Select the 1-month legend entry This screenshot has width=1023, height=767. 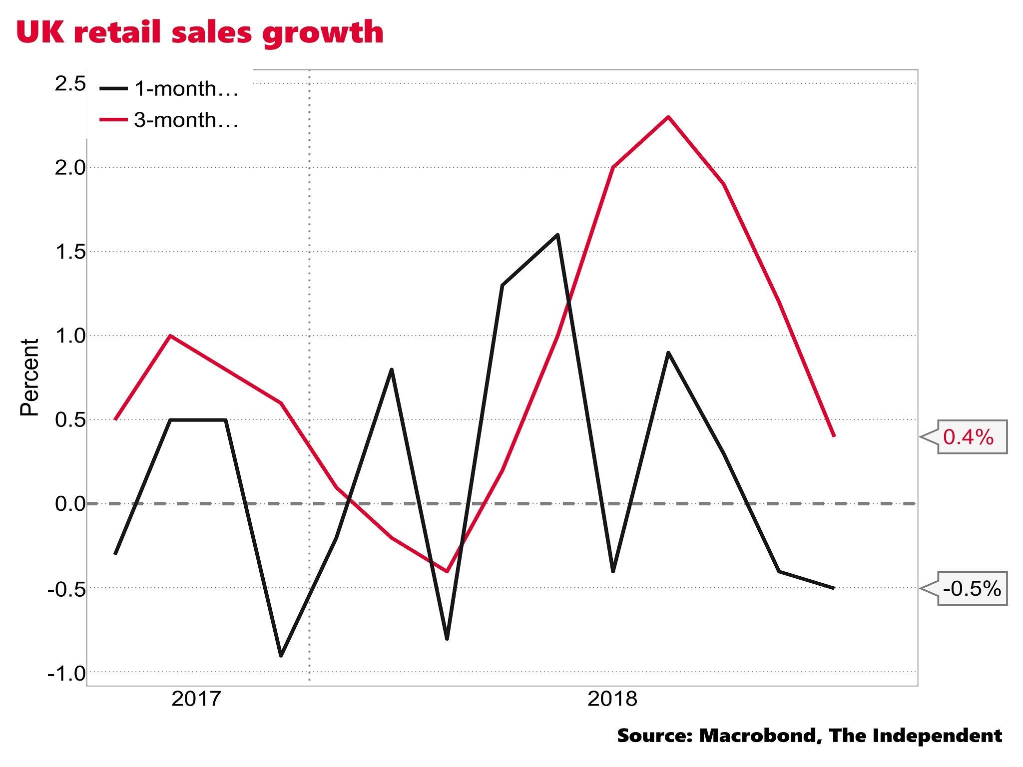[170, 89]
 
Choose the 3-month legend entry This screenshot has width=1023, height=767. [170, 120]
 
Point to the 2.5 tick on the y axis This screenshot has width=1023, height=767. [70, 83]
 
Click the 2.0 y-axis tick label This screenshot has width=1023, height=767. [70, 168]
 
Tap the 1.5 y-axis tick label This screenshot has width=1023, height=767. [70, 252]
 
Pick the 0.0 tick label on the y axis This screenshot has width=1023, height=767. [70, 504]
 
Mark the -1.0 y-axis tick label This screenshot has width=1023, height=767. [67, 674]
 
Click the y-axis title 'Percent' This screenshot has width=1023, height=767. [29, 378]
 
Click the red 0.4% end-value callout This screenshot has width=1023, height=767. [969, 437]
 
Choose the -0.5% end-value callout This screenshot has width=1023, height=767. [972, 589]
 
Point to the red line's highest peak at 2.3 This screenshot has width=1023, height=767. [668, 117]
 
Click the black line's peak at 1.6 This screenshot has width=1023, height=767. [557, 234]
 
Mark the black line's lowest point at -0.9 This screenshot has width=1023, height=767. [281, 656]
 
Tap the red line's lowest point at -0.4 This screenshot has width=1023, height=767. [447, 571]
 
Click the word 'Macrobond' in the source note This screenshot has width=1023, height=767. [759, 736]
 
